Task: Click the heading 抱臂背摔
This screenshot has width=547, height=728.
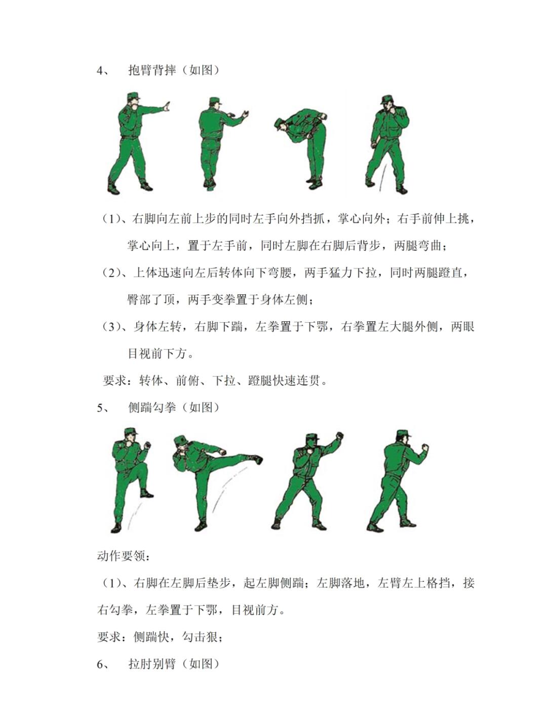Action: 152,70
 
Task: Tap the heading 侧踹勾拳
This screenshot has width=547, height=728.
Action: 152,407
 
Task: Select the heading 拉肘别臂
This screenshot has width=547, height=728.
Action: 152,664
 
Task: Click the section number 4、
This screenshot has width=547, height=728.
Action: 103,70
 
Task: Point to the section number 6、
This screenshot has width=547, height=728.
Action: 103,664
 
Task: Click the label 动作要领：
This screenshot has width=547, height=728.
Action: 124,556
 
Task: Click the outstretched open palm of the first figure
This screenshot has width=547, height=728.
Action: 166,108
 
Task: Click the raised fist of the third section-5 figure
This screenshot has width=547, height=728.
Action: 339,436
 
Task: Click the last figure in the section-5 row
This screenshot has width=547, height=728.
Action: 398,481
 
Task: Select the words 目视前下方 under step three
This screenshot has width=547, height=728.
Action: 157,354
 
